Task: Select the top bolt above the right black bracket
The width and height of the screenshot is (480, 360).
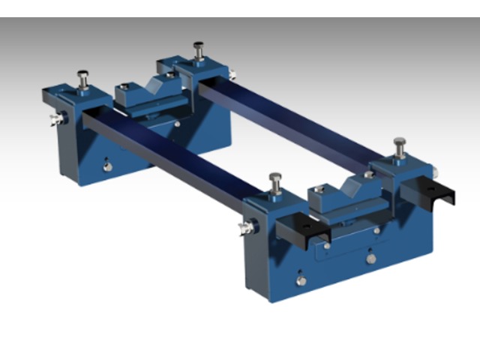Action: tap(399, 145)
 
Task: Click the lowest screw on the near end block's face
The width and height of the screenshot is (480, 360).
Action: tap(301, 281)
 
